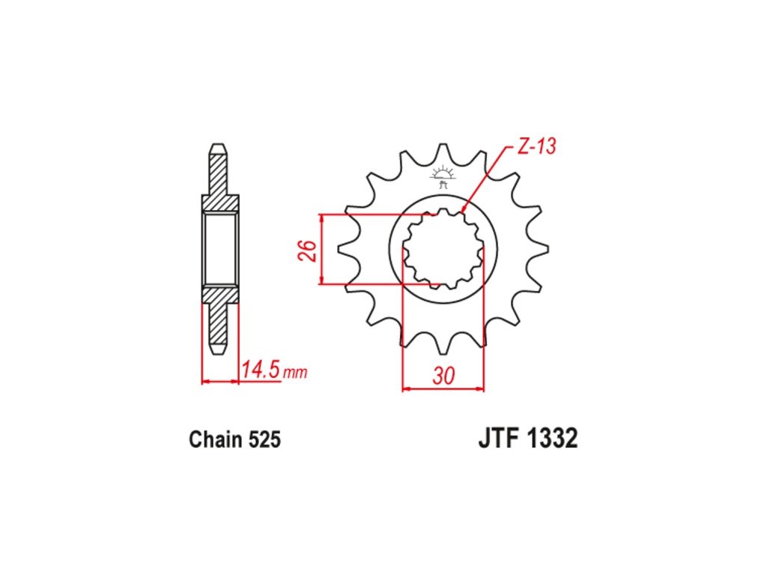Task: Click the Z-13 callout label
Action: coord(537,146)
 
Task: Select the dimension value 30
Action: coord(443,376)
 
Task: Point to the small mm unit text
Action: coord(295,373)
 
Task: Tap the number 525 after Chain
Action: coord(264,439)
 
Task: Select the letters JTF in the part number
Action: coord(499,438)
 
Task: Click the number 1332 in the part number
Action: coord(552,438)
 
